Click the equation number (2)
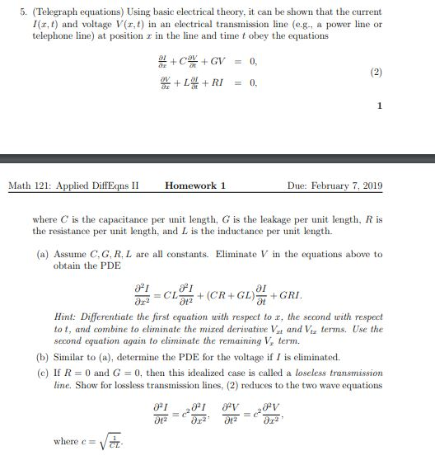[x=376, y=72]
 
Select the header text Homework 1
[x=195, y=186]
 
